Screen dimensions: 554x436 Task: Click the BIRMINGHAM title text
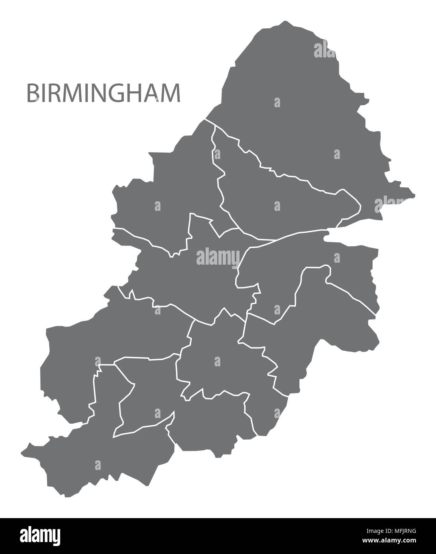pyautogui.click(x=103, y=93)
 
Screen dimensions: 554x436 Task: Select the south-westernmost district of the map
pyautogui.click(x=100, y=458)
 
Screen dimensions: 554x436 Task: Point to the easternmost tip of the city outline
pyautogui.click(x=414, y=195)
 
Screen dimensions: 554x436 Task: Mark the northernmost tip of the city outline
pyautogui.click(x=284, y=21)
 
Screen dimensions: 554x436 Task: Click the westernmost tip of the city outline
pyautogui.click(x=22, y=453)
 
